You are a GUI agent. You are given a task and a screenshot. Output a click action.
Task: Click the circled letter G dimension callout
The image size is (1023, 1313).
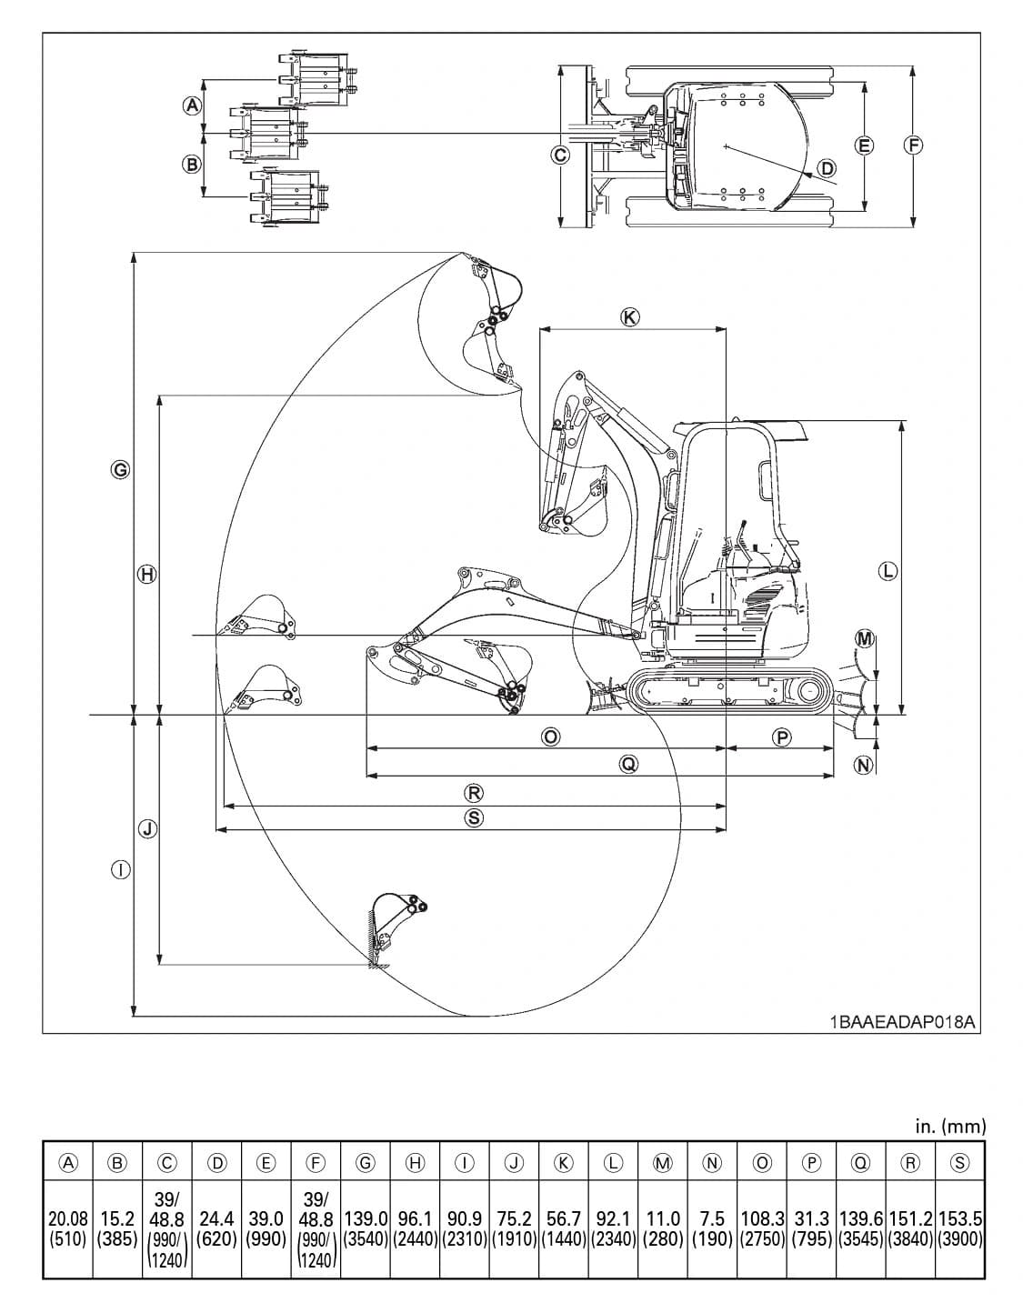119,470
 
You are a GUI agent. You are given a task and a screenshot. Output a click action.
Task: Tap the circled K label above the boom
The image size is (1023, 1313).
629,317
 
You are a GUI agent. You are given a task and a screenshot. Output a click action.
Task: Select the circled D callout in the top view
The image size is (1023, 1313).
827,168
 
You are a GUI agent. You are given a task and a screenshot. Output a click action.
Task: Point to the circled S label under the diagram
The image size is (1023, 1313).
474,817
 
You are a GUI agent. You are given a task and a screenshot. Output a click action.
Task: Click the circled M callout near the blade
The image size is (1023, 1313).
865,639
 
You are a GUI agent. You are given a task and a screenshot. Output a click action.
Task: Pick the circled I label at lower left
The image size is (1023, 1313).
119,870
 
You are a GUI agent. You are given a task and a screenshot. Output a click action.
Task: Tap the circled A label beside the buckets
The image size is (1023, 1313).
191,105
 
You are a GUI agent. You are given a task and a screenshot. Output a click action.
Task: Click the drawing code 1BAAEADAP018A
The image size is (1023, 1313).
901,1022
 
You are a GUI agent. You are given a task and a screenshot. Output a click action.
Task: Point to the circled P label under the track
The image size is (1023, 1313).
781,737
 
